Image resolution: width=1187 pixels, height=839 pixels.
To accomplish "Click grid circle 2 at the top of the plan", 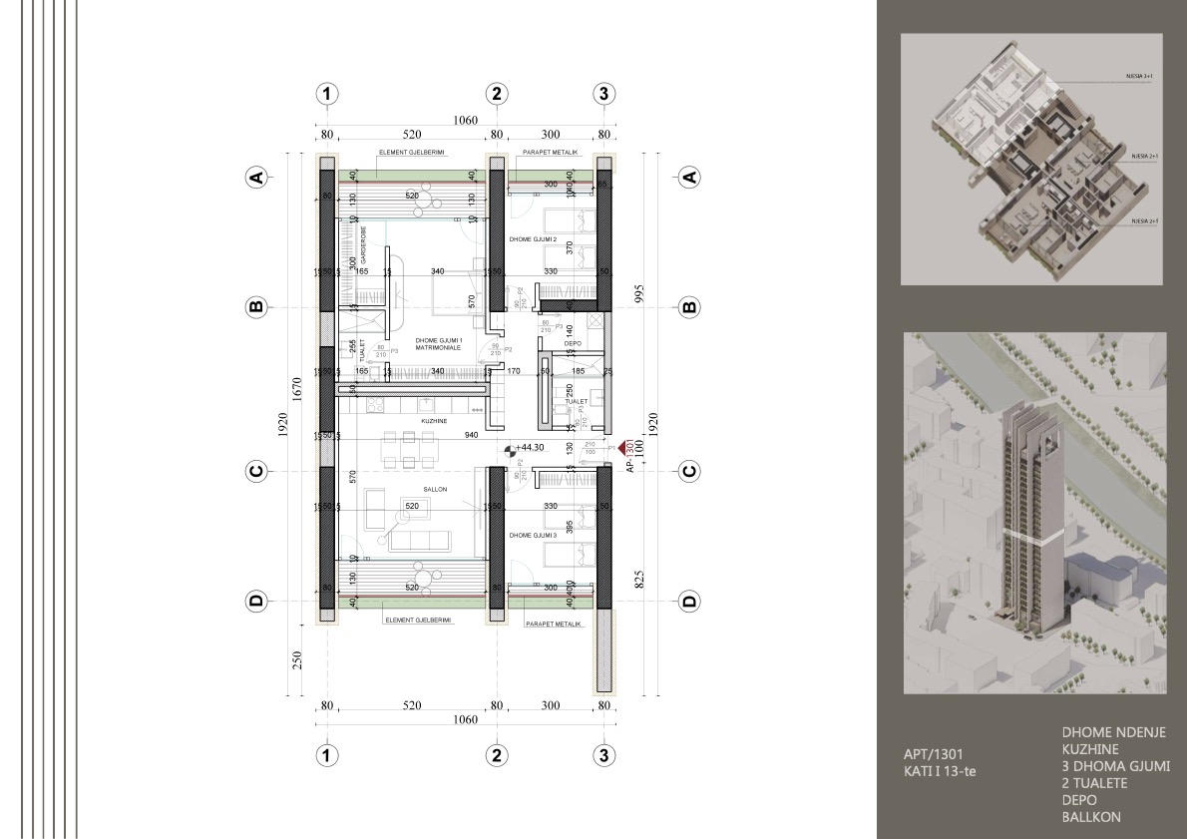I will click(x=496, y=94).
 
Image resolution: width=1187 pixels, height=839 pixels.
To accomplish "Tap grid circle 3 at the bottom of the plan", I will click(x=603, y=754).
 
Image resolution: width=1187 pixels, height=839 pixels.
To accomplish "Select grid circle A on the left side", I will click(x=256, y=178).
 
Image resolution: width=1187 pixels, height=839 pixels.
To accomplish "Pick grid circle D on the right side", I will click(x=688, y=602).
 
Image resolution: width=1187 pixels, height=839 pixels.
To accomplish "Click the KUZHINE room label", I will click(x=433, y=422).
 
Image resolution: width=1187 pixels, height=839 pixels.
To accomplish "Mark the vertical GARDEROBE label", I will click(x=363, y=245).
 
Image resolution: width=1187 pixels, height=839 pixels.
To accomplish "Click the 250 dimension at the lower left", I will click(x=296, y=659).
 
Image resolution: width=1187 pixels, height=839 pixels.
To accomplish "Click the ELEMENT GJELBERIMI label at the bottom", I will click(x=418, y=620).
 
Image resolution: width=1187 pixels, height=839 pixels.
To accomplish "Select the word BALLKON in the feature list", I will click(x=1091, y=817).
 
